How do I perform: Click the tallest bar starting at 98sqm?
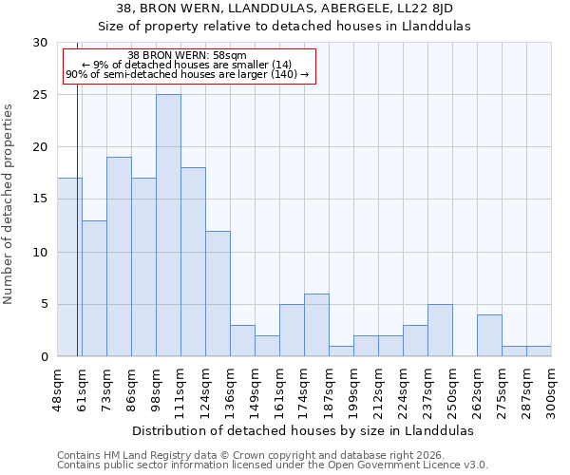coord(168,225)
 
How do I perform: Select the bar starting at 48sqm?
coord(69,267)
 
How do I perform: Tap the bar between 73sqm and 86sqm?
coord(119,256)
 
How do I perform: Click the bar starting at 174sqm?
coord(316,325)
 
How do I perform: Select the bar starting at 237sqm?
coord(440,330)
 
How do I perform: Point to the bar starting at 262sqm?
coord(489,335)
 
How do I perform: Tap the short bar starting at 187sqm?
coord(341,351)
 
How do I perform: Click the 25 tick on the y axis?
coord(40,95)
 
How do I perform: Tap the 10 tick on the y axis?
coord(40,252)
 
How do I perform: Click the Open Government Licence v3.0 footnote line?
coord(273,465)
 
